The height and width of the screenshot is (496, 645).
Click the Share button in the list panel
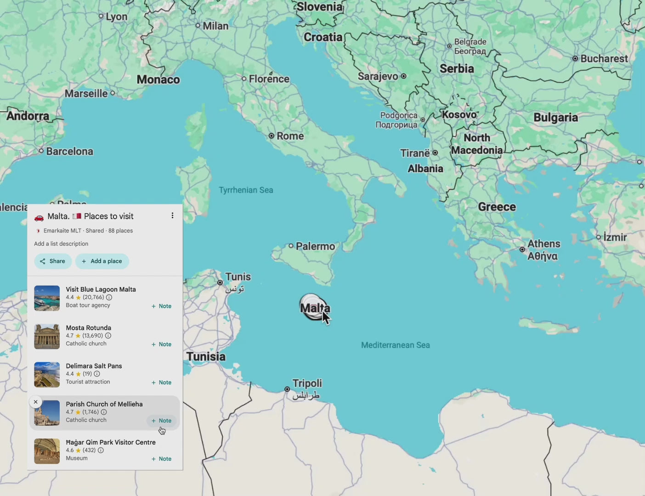(53, 261)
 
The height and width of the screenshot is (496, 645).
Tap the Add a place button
(102, 261)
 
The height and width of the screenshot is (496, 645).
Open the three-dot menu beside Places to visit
(172, 215)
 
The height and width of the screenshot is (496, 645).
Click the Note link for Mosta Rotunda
(162, 344)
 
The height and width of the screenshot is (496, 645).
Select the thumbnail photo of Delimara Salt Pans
(47, 374)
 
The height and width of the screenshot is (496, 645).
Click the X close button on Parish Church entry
(35, 402)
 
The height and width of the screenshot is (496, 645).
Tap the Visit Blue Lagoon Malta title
(101, 289)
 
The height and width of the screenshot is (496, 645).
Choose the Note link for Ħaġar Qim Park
(162, 459)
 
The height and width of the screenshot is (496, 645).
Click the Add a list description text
(61, 244)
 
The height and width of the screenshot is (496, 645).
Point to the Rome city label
(290, 136)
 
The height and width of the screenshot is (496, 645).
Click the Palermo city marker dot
(291, 246)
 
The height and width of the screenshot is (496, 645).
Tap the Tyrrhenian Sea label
(246, 190)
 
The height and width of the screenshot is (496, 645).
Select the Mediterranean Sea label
(395, 345)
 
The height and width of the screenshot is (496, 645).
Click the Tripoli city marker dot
(287, 389)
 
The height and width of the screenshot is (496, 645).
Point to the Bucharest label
(604, 59)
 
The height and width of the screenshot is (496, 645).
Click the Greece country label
(497, 207)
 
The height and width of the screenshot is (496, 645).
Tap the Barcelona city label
(69, 151)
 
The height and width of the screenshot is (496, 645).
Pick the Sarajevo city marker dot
(403, 76)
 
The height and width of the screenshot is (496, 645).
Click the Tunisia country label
(206, 356)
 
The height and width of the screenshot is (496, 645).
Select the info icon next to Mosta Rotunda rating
(108, 336)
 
